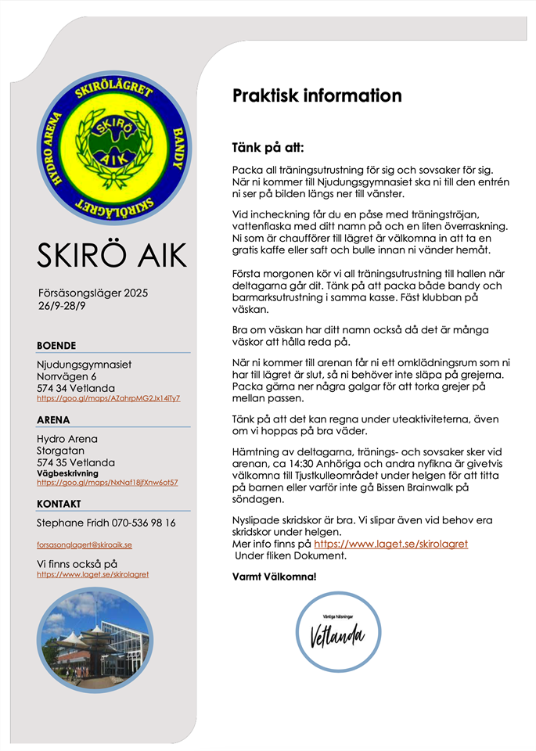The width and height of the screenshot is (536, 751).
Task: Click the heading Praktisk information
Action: coord(317,96)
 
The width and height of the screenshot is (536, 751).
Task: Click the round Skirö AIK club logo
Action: coord(113,147)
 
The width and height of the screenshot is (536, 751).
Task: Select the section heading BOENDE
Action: coord(56,345)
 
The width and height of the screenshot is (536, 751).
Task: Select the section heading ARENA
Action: coord(53,420)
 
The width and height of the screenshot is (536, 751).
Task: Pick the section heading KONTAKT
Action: coord(59,504)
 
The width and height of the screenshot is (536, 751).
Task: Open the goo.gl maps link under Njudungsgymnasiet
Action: coord(109,398)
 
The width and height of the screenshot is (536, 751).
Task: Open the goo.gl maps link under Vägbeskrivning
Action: coord(107,483)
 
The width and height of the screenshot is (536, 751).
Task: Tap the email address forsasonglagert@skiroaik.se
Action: coord(85,544)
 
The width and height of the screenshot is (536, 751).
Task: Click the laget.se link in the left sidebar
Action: coord(92,574)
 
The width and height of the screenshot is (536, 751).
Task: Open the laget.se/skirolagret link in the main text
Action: coord(390,543)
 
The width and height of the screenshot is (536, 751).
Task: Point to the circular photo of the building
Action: coord(93,640)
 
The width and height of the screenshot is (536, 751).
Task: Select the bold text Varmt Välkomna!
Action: coord(275,577)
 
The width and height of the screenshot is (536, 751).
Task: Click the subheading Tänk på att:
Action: coord(268,147)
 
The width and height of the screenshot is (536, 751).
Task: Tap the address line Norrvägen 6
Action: coord(67,376)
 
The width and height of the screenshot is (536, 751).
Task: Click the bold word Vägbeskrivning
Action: coord(68,473)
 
